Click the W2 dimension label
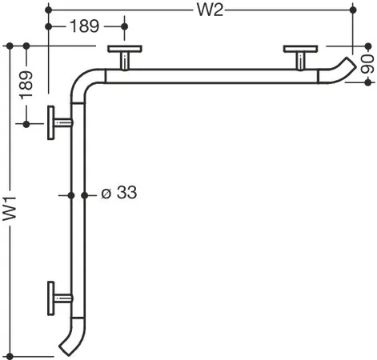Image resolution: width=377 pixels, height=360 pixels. (x=210, y=10)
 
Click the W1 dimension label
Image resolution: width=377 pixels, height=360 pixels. (x=10, y=209)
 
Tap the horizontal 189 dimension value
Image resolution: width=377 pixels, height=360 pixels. (x=84, y=26)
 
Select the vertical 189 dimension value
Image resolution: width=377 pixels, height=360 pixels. (x=26, y=85)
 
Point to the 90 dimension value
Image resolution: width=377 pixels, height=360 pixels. (x=367, y=64)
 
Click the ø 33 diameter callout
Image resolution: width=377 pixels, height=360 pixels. (x=119, y=192)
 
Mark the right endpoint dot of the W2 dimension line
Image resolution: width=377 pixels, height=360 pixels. (x=353, y=10)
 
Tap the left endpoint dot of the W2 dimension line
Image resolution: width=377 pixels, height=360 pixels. (x=48, y=10)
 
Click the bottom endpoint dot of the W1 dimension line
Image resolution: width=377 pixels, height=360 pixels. (x=10, y=356)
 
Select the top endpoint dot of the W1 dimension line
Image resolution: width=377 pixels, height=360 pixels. (x=10, y=46)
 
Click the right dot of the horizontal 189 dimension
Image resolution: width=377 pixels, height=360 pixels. (x=124, y=26)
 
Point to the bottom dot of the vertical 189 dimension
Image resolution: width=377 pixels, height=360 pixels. (x=26, y=124)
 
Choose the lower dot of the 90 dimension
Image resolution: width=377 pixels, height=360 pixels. (x=368, y=82)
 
